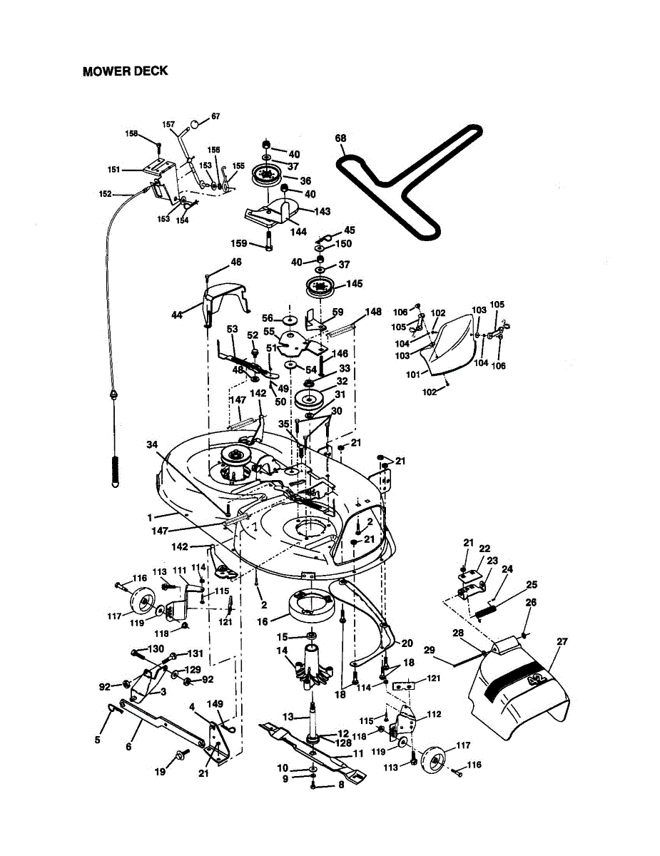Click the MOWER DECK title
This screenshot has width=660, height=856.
(x=125, y=71)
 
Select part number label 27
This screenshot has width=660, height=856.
(x=562, y=642)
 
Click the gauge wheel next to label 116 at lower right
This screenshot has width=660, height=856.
(x=433, y=760)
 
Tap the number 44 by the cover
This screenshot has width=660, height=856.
(x=176, y=315)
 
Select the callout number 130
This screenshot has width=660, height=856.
(x=156, y=648)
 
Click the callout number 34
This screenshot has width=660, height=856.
(x=151, y=444)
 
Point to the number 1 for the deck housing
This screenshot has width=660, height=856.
(x=150, y=516)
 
